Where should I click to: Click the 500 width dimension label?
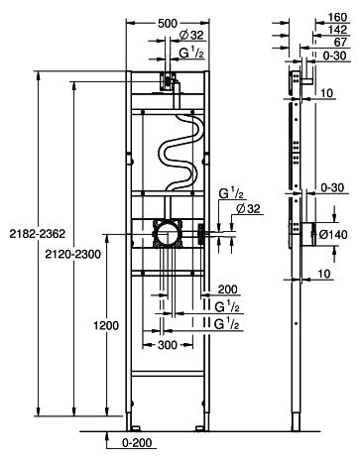(168, 24)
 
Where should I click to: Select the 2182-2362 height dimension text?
(38, 234)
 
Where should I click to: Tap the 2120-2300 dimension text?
(72, 254)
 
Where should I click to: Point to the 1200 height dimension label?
(106, 325)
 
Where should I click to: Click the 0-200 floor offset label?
(137, 442)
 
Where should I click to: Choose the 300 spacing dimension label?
(168, 345)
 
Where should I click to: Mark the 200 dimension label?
(227, 289)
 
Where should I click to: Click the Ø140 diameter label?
(333, 234)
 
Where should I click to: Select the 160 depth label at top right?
(337, 17)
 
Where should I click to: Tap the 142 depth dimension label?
(337, 30)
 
